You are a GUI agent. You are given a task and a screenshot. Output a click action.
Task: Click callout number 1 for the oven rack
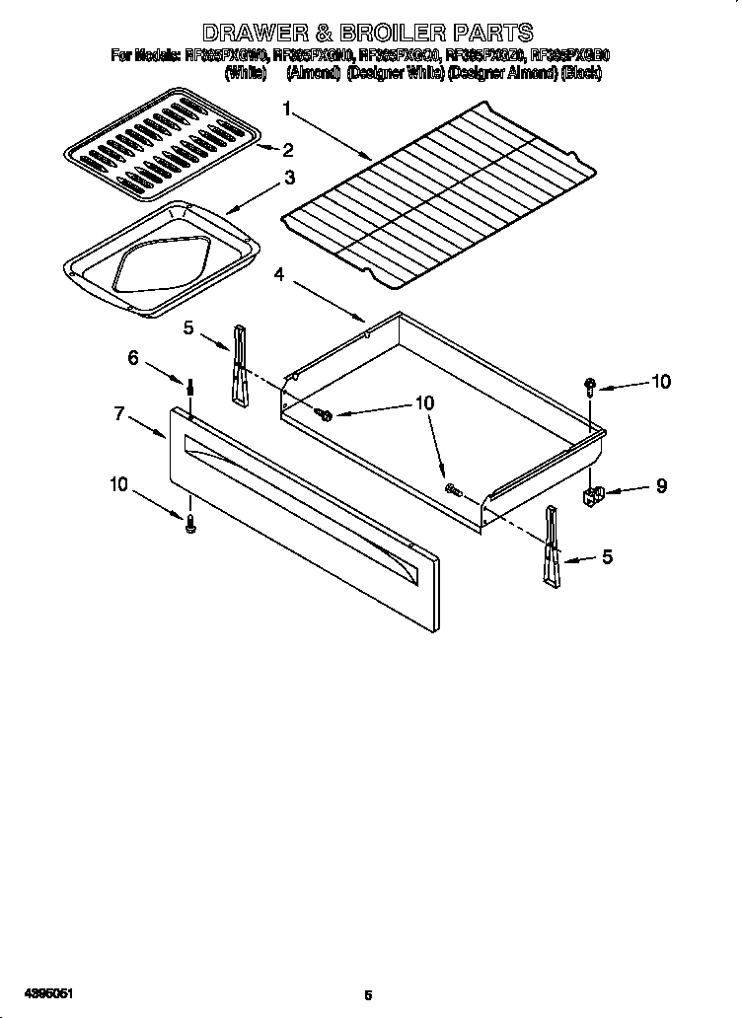click(286, 109)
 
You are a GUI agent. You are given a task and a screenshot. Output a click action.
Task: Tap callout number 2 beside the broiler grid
click(288, 150)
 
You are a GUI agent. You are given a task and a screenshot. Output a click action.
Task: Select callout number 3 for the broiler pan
click(289, 178)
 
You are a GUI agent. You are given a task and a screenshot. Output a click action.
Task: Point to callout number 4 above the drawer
click(280, 277)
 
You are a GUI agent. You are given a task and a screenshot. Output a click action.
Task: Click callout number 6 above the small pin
click(132, 358)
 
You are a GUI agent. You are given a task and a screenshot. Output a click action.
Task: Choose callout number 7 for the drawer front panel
click(118, 414)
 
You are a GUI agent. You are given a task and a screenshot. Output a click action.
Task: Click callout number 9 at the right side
click(661, 485)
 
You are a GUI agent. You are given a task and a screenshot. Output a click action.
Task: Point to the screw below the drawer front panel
click(191, 523)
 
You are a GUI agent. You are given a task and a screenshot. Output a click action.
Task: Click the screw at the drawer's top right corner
click(589, 386)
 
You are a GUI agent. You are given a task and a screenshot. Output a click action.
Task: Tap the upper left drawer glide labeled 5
click(238, 365)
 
